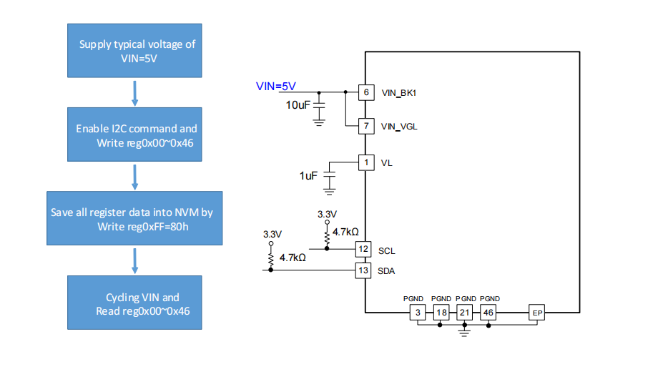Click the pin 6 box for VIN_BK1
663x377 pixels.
click(365, 92)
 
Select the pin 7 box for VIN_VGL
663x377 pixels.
click(365, 127)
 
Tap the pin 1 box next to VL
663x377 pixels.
click(365, 162)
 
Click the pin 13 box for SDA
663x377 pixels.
click(364, 270)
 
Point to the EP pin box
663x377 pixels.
click(537, 313)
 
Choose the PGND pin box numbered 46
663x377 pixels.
click(488, 313)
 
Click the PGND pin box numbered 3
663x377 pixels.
click(416, 313)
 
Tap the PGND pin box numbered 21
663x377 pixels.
click(464, 313)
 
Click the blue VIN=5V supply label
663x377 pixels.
click(276, 87)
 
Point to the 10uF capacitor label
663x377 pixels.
click(299, 105)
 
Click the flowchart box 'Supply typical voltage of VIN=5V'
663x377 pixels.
click(137, 51)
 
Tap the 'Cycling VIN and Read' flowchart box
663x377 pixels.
click(137, 303)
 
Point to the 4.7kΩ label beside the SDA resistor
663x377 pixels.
click(293, 258)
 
